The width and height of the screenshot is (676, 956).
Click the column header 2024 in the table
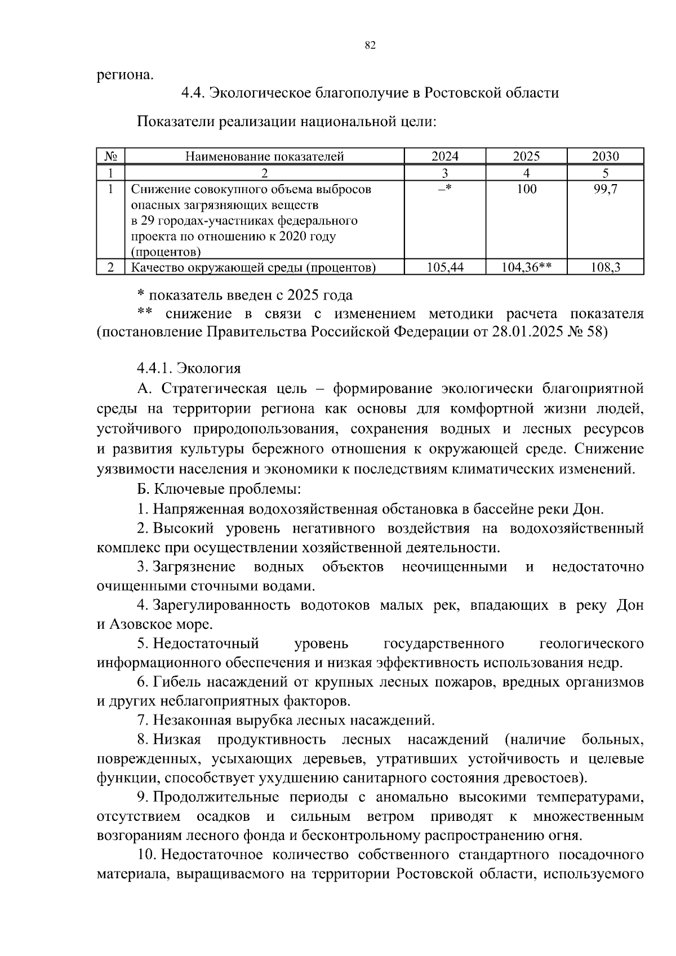[444, 157]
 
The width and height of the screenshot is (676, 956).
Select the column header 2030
[605, 157]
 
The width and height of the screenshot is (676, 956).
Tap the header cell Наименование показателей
[264, 157]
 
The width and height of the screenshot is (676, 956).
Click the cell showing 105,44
[444, 267]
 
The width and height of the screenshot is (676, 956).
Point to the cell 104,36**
[526, 267]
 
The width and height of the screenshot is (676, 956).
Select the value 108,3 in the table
[605, 267]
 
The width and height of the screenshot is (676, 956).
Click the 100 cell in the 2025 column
[526, 189]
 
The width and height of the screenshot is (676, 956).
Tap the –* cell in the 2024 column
[444, 189]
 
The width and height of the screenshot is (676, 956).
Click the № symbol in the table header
[110, 157]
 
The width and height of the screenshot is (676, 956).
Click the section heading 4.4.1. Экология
[189, 368]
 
